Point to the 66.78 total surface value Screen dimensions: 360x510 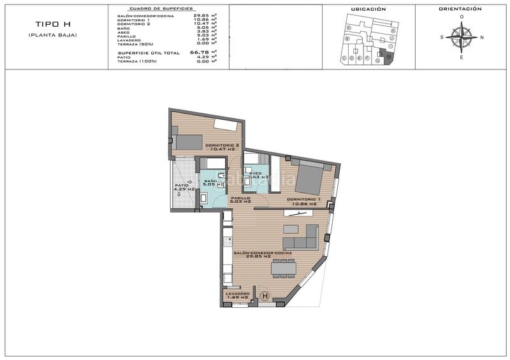[200, 53]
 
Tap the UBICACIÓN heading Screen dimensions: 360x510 [368, 10]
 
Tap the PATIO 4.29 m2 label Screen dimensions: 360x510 [186, 187]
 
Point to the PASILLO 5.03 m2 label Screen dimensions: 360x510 [240, 199]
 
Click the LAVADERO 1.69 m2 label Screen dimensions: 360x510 [237, 295]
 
